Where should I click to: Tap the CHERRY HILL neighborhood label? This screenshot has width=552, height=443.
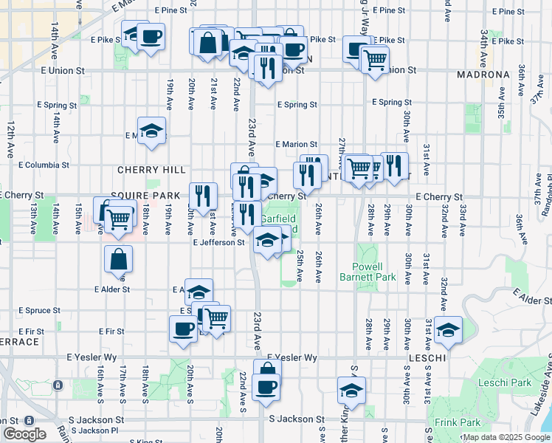145,170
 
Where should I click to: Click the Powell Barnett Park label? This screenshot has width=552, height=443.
373,272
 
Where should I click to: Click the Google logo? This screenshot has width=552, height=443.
24,434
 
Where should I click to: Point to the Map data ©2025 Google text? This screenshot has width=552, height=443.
506,437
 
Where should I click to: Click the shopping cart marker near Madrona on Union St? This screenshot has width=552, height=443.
375,58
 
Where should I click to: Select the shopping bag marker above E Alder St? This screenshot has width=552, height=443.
118,261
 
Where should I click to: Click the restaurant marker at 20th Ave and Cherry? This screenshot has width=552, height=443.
203,196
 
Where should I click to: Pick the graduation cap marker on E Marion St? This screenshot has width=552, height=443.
152,132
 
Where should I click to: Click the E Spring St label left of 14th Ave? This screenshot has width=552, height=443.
56,106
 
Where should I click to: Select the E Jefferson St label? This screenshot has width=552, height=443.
218,242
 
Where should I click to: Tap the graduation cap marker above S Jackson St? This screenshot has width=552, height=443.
351,391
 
